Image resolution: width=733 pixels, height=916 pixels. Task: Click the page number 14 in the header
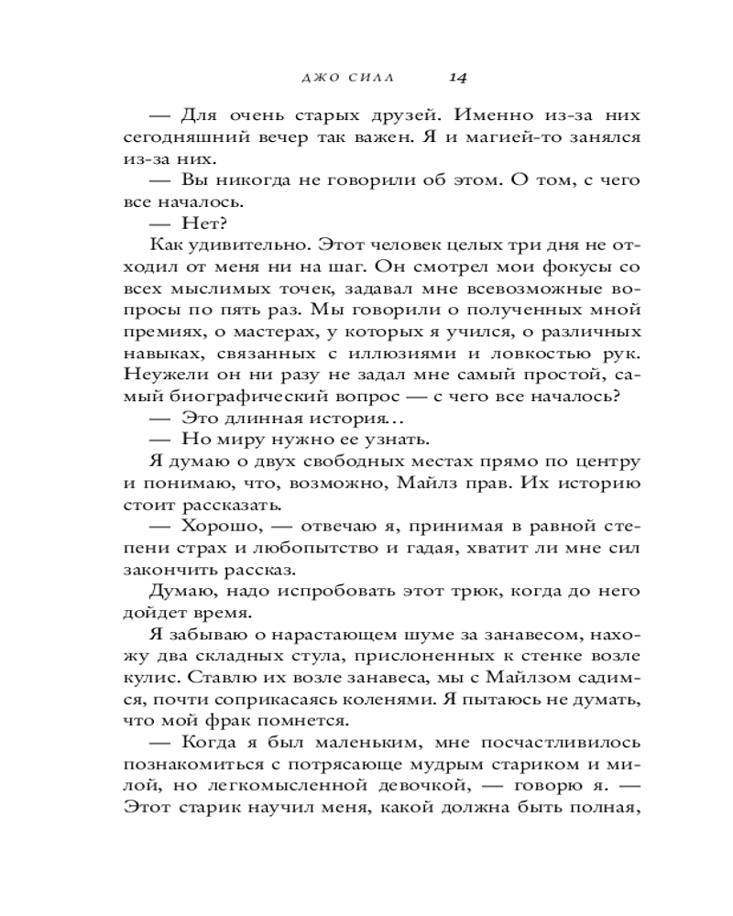point(458,78)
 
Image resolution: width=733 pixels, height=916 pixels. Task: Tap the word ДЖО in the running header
point(320,79)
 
